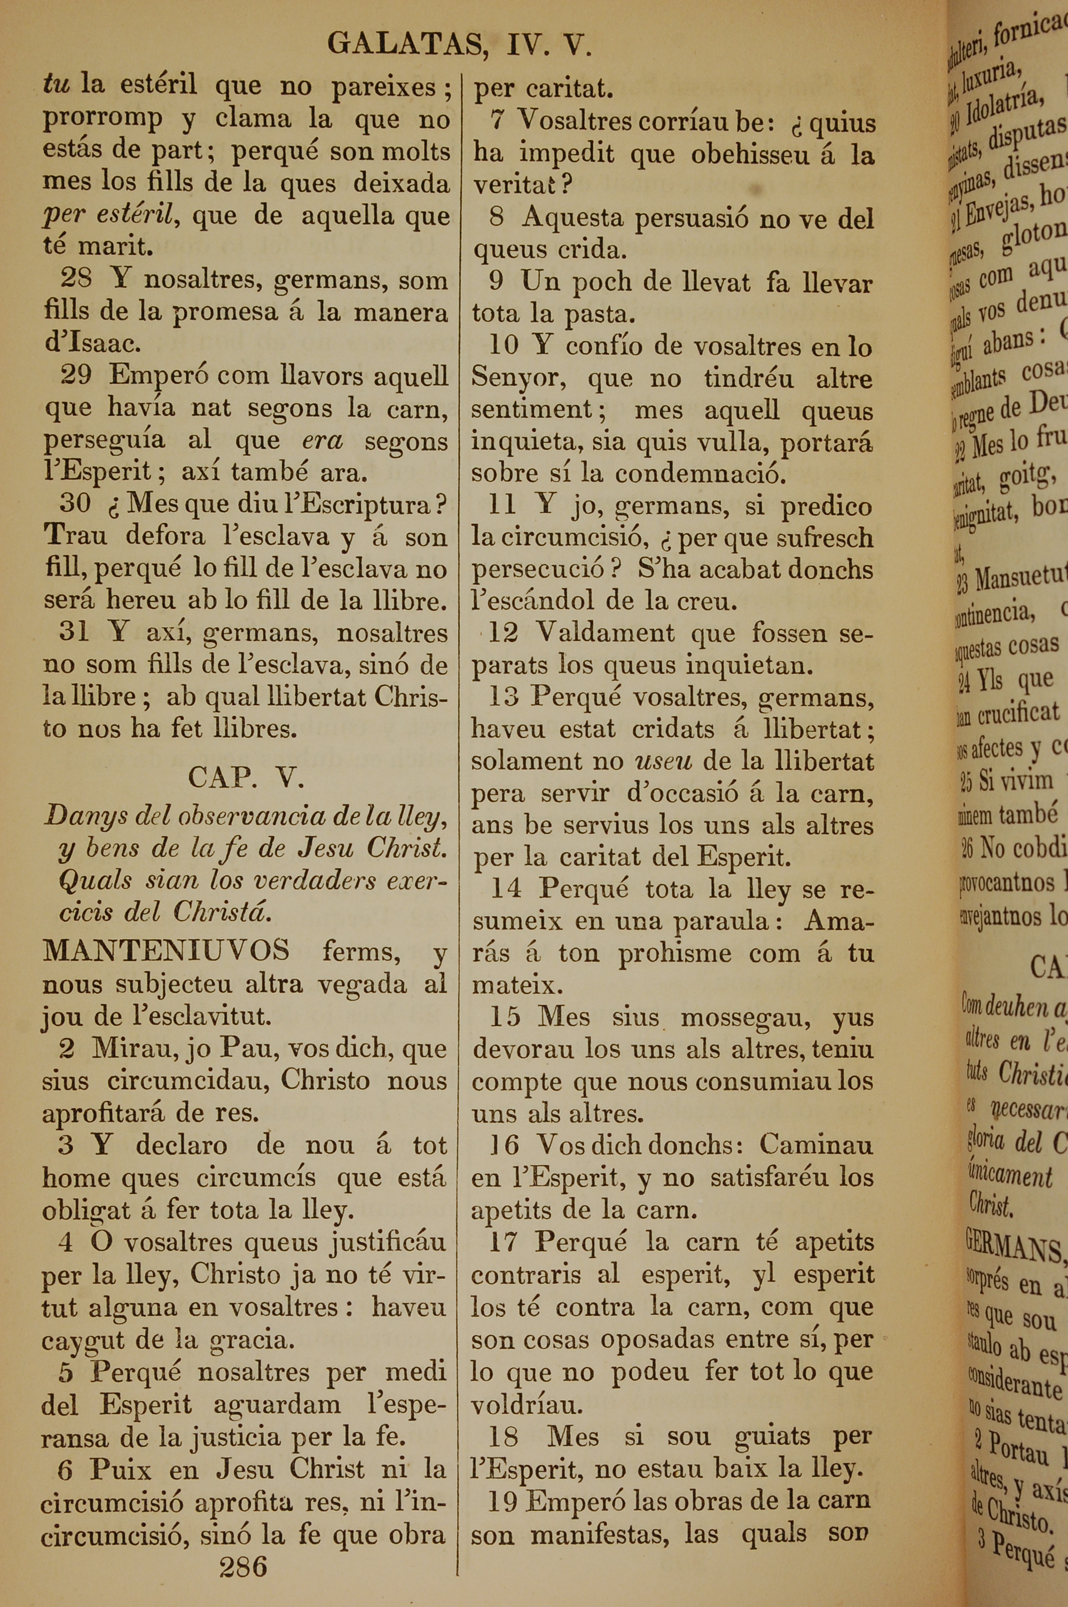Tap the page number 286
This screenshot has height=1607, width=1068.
243,1566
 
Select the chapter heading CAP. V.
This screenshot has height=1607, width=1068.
245,777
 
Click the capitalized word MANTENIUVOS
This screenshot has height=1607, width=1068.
166,950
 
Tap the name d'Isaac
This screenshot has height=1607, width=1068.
92,342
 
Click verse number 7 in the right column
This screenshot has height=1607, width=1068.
498,121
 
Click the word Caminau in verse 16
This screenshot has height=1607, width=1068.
816,1144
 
